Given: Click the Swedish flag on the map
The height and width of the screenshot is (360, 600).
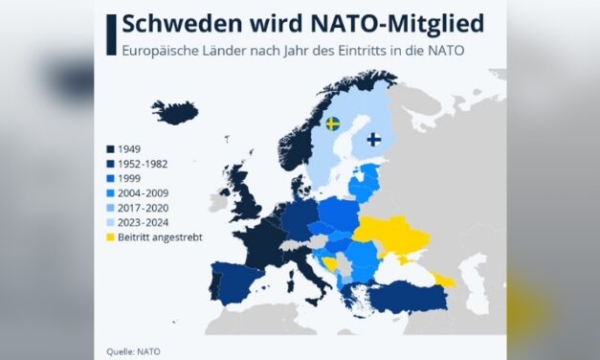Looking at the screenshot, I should (x=332, y=124).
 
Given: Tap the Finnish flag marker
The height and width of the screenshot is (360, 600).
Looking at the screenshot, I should (x=373, y=139).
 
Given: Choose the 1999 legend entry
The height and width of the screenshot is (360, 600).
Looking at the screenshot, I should (x=126, y=178).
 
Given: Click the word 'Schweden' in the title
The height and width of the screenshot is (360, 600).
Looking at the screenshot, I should (x=179, y=24).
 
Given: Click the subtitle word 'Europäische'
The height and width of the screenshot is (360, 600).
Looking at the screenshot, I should (x=157, y=49).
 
